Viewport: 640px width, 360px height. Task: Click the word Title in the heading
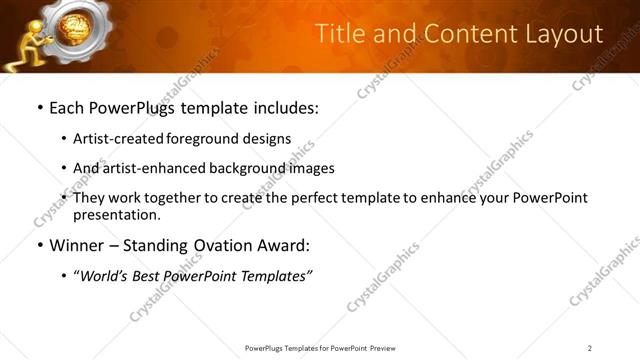coord(340,35)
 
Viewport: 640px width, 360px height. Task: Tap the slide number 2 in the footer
coord(590,348)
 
